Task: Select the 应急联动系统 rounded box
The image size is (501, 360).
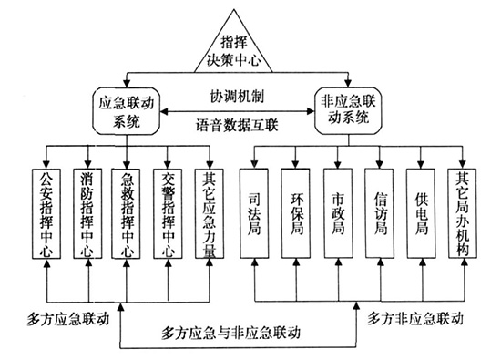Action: point(128,109)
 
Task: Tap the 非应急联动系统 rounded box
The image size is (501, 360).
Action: point(352,109)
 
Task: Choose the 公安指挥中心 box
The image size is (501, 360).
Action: point(46,217)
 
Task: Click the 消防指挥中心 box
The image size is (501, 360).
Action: point(87,217)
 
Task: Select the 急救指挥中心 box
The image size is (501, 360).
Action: point(129,217)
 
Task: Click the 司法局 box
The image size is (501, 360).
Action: point(256,217)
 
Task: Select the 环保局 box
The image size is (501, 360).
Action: point(297,217)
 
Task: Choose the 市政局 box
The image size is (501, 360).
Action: point(339,217)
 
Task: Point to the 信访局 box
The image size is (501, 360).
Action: point(381,217)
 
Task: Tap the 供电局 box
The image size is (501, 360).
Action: point(423,217)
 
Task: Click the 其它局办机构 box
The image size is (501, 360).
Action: point(464,217)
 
